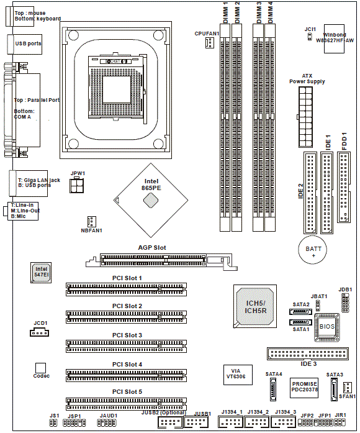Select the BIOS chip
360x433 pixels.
(x=326, y=327)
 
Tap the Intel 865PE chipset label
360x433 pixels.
(x=151, y=185)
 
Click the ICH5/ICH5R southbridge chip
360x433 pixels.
(x=255, y=306)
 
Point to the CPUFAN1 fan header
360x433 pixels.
(x=210, y=42)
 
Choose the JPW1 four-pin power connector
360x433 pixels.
(x=77, y=185)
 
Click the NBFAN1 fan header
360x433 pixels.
(x=92, y=222)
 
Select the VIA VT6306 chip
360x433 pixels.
(x=238, y=375)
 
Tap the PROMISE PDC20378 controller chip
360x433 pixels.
(x=304, y=388)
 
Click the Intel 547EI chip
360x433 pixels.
(x=41, y=273)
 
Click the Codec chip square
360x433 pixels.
(x=40, y=368)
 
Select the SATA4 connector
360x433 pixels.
(x=273, y=389)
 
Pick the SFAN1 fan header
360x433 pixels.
(x=348, y=388)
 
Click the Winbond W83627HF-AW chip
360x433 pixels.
(x=334, y=39)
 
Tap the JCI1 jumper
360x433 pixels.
(x=310, y=37)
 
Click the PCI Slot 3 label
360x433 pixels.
(x=127, y=335)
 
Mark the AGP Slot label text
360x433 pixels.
(x=152, y=248)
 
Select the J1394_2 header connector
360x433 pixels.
(x=257, y=422)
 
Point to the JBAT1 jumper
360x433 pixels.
(x=318, y=305)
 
